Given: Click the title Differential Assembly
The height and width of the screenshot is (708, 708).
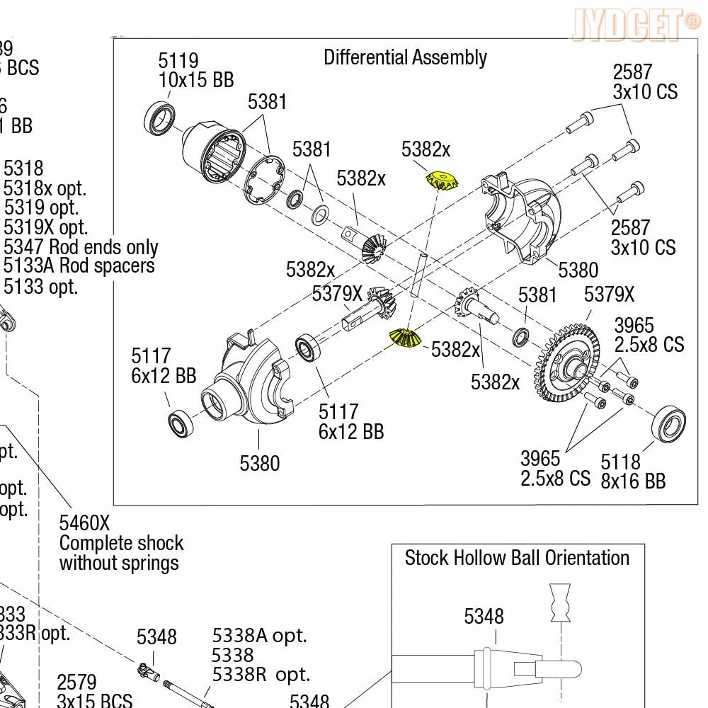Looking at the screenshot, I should [x=405, y=57].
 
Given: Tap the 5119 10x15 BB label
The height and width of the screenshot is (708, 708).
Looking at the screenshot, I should [x=195, y=70].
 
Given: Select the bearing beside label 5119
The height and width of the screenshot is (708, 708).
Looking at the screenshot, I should [x=162, y=118].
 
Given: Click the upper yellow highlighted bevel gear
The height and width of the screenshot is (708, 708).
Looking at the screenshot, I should [x=441, y=181].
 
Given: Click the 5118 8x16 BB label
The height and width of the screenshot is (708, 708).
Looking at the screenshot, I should [x=633, y=472].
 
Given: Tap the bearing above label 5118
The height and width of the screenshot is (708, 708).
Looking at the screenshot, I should [x=668, y=425].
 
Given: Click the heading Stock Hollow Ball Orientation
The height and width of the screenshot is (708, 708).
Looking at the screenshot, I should [x=517, y=558].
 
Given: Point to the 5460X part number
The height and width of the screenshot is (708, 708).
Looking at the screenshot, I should [x=84, y=523].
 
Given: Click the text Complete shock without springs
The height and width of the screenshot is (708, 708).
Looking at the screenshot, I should [x=121, y=553].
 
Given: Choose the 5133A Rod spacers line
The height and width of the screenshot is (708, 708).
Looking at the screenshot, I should [x=79, y=266].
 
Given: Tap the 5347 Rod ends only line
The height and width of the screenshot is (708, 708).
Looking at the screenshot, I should [x=81, y=247].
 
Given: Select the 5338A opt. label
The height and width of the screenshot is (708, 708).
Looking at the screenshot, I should [x=259, y=635].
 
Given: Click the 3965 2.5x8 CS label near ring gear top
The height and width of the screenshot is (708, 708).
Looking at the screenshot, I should [x=648, y=335].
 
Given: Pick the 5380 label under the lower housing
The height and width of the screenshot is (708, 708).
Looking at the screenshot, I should [x=260, y=464].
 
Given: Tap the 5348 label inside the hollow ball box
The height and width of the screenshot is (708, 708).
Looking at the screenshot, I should [x=484, y=616].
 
